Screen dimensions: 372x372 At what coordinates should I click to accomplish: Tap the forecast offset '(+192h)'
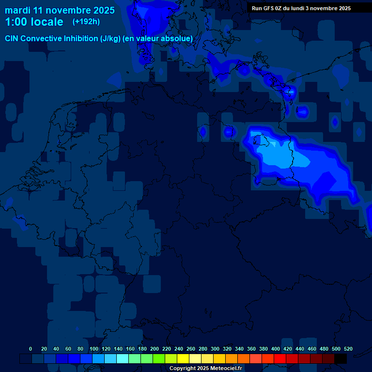pos(86,22)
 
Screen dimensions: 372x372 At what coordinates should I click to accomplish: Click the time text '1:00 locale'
pos(34,22)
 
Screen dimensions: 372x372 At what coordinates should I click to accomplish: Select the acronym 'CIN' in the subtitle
pos(13,38)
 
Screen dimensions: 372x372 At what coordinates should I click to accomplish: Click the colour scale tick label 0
pos(31,349)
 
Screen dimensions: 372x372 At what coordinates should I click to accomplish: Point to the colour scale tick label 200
pos(155,349)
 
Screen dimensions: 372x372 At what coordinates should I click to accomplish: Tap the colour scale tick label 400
pos(275,349)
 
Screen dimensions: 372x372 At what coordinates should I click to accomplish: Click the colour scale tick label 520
pos(348,349)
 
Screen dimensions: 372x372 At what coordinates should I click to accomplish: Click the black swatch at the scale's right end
pos(341,359)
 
